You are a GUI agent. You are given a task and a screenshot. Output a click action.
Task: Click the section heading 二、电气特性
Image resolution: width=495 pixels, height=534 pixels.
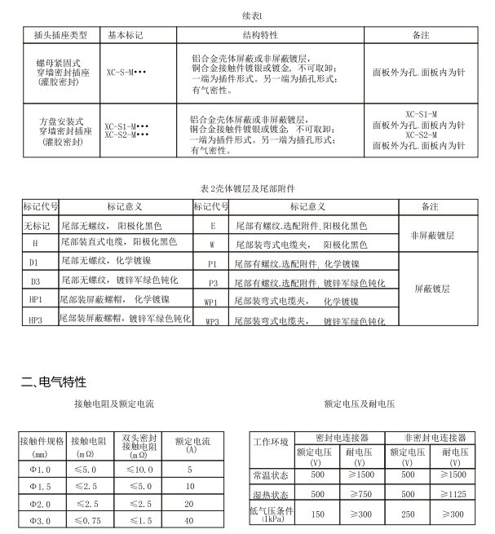[x=54, y=382]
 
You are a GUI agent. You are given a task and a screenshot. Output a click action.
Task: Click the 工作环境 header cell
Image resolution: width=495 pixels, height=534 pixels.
[x=271, y=444]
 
